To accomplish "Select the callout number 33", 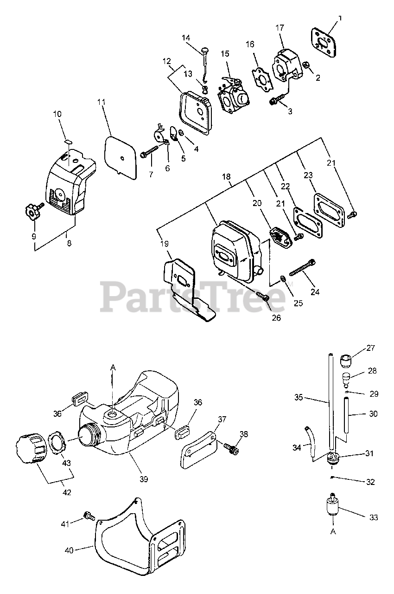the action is click(x=374, y=517).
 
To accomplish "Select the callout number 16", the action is click(x=250, y=45).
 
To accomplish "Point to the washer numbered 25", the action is click(x=283, y=280).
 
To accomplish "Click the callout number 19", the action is click(x=166, y=243).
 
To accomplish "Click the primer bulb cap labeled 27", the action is click(x=344, y=358).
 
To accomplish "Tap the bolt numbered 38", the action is click(x=230, y=448).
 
